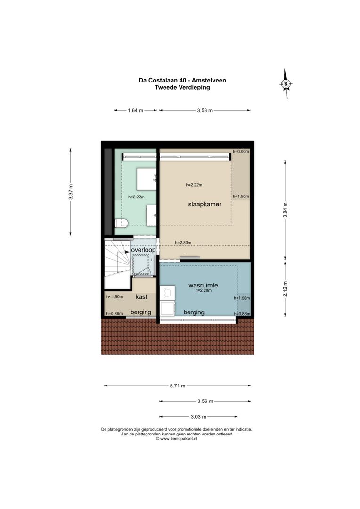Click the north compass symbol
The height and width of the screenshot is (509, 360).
[286, 84]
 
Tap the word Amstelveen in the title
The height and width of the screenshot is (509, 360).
[208, 80]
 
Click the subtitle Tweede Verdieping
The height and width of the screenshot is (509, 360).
[182, 87]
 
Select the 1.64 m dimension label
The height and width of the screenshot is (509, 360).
[135, 111]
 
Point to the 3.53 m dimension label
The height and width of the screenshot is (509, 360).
[205, 111]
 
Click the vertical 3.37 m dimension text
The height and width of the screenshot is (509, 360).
[71, 192]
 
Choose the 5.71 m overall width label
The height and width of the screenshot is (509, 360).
[177, 386]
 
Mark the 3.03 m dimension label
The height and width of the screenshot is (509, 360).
[198, 417]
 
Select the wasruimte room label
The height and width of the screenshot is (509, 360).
[204, 285]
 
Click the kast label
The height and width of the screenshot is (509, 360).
[141, 297]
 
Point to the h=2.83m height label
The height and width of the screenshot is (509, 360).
[183, 243]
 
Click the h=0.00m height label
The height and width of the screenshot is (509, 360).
[241, 152]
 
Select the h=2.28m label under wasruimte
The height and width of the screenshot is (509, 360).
[204, 291]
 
